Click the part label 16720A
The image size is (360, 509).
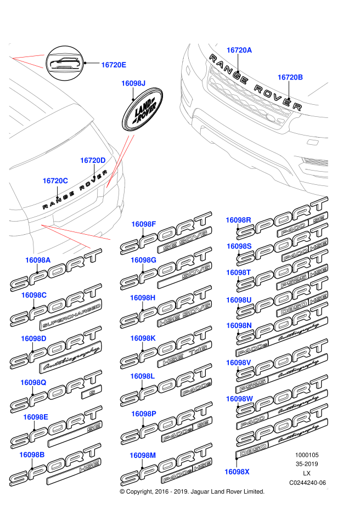[239, 50]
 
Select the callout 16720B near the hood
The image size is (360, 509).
[290, 77]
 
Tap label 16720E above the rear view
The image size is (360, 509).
[114, 65]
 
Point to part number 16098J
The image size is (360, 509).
[133, 83]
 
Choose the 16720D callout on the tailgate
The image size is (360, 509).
[93, 161]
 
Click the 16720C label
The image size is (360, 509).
[55, 181]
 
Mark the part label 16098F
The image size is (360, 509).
[144, 224]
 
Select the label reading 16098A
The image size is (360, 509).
[38, 260]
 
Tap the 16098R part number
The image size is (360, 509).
[238, 220]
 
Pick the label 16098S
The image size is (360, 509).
[239, 246]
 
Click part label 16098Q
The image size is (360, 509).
[33, 382]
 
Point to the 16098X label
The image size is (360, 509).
[237, 472]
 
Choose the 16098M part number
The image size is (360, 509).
[143, 455]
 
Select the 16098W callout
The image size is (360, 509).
[239, 399]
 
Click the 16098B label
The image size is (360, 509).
[32, 455]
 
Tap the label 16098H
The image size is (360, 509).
[143, 298]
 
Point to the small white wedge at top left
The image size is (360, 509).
[33, 60]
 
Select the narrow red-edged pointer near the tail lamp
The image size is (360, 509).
[121, 159]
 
